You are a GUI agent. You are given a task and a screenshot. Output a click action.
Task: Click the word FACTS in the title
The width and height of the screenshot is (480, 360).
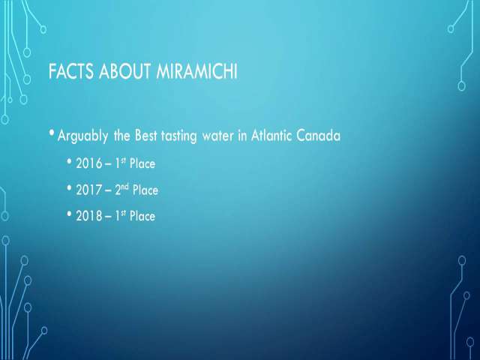click(x=70, y=71)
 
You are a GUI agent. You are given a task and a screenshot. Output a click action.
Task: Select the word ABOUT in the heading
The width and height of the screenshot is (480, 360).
click(x=125, y=71)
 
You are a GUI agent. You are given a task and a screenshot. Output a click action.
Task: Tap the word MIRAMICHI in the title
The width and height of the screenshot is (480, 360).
click(x=196, y=71)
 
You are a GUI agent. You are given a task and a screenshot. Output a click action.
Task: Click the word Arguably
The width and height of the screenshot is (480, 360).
click(x=82, y=136)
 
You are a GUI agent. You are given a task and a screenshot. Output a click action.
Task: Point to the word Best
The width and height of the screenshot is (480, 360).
click(x=146, y=135)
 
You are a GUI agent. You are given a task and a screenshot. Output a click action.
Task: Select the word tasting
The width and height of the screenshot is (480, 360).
click(x=179, y=136)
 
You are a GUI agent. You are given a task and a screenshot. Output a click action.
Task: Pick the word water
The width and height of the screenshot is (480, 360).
click(x=218, y=136)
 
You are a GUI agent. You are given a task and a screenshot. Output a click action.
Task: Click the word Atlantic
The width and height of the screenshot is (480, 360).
click(x=271, y=135)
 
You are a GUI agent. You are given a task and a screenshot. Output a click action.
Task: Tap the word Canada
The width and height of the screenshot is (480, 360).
click(x=318, y=135)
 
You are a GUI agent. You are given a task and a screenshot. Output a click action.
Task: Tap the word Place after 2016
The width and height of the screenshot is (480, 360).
click(x=142, y=163)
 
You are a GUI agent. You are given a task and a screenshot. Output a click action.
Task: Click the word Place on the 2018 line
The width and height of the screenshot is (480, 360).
click(x=142, y=216)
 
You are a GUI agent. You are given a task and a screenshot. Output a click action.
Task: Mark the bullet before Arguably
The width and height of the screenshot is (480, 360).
click(x=52, y=133)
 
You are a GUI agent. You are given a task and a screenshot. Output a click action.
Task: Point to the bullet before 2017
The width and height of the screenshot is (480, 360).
click(x=70, y=187)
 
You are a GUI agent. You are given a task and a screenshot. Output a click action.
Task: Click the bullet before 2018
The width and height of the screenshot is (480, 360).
click(x=70, y=213)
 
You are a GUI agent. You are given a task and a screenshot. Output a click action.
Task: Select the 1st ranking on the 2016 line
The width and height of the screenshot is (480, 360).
click(x=120, y=163)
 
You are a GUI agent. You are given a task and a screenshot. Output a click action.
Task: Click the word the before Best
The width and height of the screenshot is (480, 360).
click(x=121, y=135)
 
